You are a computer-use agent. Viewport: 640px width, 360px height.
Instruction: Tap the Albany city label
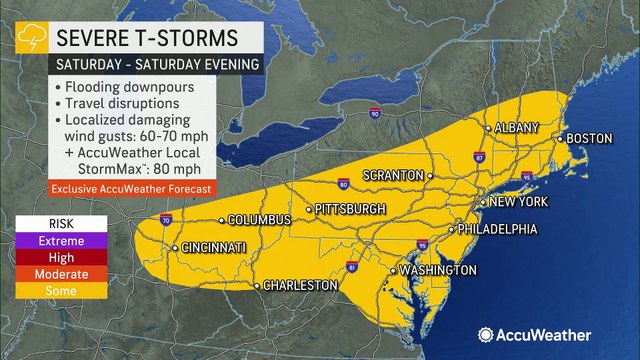[x=517, y=128]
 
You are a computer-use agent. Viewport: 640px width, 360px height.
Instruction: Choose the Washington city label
[x=437, y=271]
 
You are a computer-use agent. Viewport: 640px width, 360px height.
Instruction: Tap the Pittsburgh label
[x=349, y=209]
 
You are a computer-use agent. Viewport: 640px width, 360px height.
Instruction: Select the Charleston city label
[x=300, y=286]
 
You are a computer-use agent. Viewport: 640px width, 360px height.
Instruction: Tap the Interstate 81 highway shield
[x=351, y=268]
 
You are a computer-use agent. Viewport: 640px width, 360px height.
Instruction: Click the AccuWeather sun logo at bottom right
[x=485, y=335]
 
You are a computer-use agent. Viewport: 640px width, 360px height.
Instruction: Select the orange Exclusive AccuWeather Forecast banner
[x=116, y=187]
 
